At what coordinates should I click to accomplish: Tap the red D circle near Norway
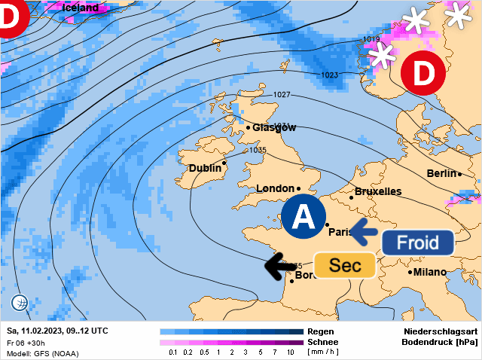click(422, 74)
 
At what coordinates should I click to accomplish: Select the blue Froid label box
click(417, 243)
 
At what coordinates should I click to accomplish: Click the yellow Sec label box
click(346, 265)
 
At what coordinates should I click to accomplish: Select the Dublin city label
click(205, 168)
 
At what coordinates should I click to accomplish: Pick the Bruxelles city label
click(377, 191)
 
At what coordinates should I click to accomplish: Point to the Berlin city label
click(441, 173)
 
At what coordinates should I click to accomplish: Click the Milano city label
click(430, 272)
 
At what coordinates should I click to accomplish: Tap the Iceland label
click(80, 8)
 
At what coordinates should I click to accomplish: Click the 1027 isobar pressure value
click(282, 94)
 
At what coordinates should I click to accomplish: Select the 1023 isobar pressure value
click(330, 75)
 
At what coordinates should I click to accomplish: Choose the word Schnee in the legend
click(322, 342)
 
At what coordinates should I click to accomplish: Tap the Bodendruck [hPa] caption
click(440, 342)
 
